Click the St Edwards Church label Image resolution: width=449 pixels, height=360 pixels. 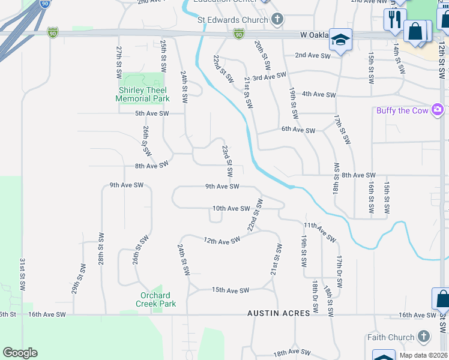tap(232, 20)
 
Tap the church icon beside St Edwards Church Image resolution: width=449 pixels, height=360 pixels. tap(277, 19)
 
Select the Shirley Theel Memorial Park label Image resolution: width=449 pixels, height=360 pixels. tap(143, 94)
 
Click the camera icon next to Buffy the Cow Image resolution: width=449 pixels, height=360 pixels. tap(438, 110)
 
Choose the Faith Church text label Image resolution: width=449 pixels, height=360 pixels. tap(391, 337)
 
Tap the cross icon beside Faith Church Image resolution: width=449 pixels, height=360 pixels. tap(424, 337)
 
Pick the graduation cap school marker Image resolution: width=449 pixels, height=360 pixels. tap(340, 40)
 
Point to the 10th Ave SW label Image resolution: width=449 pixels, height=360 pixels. tap(231, 208)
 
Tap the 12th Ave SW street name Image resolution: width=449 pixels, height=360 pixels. tap(221, 240)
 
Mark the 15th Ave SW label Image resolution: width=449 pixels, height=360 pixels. tap(231, 290)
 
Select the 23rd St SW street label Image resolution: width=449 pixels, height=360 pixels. tap(226, 160)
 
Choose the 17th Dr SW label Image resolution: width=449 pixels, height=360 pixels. tap(339, 272)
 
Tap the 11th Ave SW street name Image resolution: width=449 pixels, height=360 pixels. tap(320, 232)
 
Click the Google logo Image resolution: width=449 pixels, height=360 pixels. tap(20, 353)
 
